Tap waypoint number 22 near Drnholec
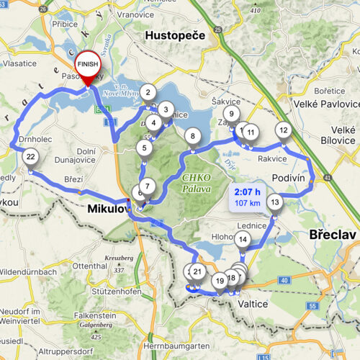(30, 156)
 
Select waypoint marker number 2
(148, 92)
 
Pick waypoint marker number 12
(284, 130)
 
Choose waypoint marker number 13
(274, 202)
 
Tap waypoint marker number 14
(243, 240)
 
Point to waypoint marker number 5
(145, 148)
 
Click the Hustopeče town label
(175, 35)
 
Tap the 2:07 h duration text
(247, 192)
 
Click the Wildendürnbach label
(29, 272)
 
